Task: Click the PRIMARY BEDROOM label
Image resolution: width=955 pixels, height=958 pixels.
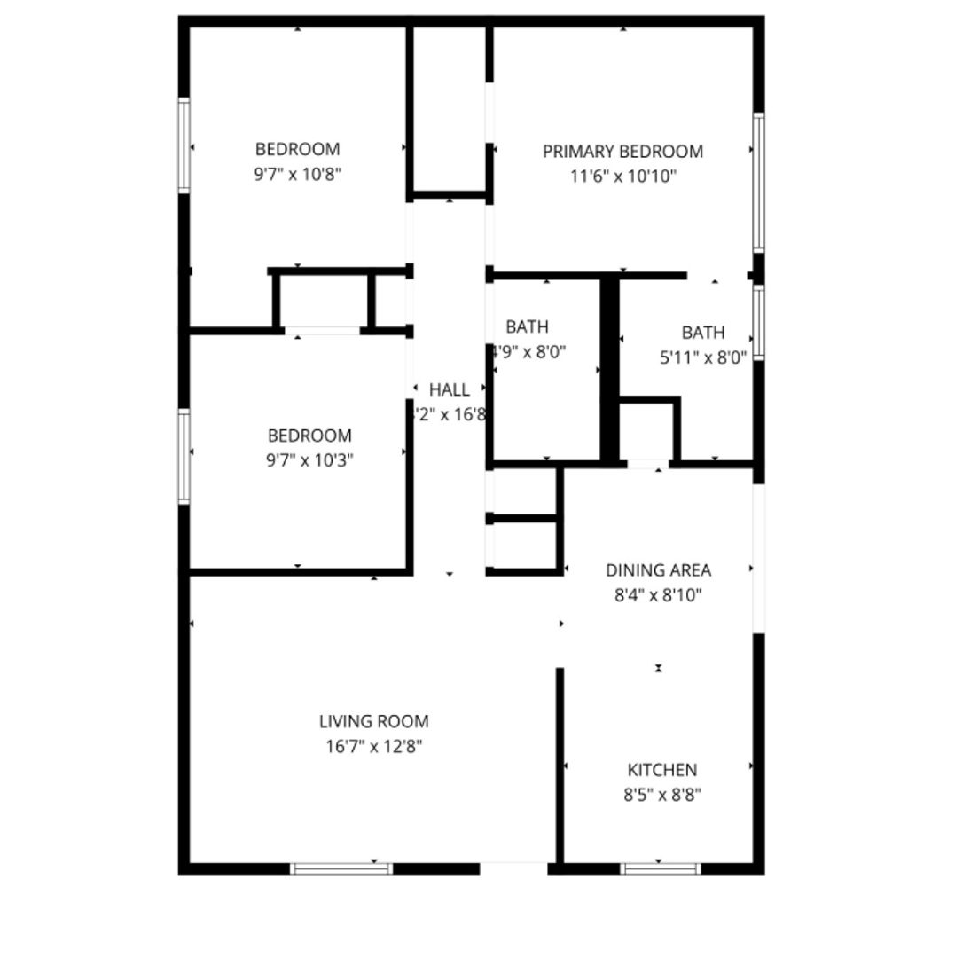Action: [622, 152]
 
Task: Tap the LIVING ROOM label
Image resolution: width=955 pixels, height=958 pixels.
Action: [373, 722]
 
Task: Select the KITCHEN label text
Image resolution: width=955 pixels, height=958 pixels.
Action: [661, 770]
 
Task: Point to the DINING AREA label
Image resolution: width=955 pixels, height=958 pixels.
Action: [658, 570]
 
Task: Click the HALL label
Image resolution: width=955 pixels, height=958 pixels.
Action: [450, 389]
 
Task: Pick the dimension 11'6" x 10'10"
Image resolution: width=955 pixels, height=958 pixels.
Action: [622, 177]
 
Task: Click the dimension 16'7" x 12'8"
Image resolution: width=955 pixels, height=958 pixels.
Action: [373, 747]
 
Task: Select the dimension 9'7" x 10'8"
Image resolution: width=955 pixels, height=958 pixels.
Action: [297, 175]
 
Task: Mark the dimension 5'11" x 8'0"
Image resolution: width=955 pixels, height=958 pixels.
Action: [703, 357]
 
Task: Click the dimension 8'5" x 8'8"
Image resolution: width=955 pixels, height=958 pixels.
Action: [661, 795]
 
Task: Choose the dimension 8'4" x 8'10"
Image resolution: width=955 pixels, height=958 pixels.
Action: [658, 595]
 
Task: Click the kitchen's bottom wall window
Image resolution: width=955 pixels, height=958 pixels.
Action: [660, 868]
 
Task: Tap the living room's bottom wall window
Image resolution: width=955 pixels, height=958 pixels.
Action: [341, 868]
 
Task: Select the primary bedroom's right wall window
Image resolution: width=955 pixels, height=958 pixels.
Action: [758, 182]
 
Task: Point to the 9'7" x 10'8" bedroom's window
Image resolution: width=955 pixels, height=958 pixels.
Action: [184, 145]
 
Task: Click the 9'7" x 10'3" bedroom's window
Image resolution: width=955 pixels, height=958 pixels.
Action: [184, 456]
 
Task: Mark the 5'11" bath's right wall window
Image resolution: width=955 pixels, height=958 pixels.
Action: [758, 322]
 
